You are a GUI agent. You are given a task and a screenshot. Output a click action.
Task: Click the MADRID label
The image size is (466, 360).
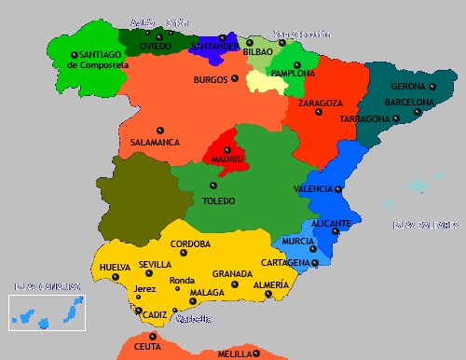point(226,159)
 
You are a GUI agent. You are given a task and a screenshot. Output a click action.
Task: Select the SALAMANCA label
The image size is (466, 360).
point(155,143)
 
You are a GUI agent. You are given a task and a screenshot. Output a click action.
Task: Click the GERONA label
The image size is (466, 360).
point(408,87)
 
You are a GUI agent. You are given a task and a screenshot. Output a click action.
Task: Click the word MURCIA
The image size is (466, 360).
point(298,241)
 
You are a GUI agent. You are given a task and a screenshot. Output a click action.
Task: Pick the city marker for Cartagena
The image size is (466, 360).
point(315,263)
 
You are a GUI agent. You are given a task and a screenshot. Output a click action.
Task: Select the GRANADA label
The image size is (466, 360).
point(232,274)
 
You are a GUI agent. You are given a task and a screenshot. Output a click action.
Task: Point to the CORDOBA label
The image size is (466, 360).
point(190,244)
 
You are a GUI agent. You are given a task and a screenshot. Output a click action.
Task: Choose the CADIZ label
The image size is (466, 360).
point(155,314)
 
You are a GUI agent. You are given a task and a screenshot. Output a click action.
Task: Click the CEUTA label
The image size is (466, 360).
point(147,347)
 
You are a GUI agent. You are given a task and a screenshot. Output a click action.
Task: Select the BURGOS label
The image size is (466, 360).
point(210,80)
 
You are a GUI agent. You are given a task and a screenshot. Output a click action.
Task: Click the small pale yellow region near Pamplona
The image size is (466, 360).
point(265,81)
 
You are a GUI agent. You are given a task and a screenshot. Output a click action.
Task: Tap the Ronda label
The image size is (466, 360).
point(182,280)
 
